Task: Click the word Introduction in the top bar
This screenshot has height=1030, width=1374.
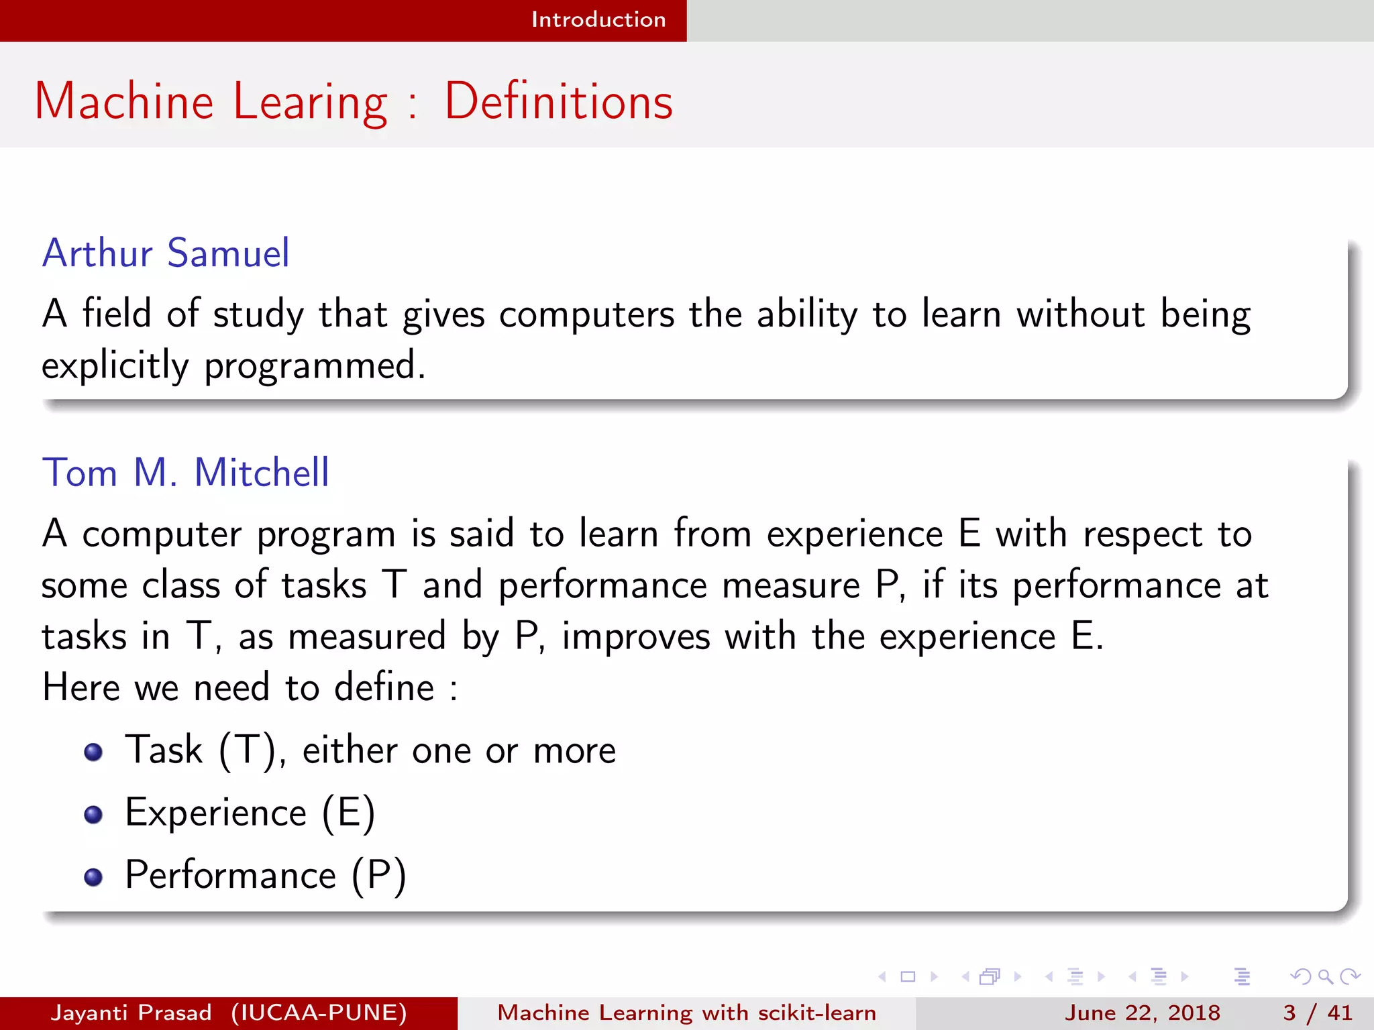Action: coord(598,19)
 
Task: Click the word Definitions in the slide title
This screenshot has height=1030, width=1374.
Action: coord(558,102)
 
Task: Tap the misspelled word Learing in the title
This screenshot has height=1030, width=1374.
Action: coord(310,102)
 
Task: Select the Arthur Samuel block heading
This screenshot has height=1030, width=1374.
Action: coord(166,253)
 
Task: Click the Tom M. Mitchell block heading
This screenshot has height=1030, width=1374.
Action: coord(186,473)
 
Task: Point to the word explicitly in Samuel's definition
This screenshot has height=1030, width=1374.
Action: coord(115,366)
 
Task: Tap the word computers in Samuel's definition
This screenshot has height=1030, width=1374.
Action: coord(586,314)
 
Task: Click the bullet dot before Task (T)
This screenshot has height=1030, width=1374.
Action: coord(93,752)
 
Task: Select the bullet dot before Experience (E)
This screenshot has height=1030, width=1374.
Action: coord(93,814)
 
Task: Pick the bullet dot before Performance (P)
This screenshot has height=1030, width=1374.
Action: coord(93,876)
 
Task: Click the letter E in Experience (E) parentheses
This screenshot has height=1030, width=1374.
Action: coord(348,813)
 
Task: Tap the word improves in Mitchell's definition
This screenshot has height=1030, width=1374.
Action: coord(635,636)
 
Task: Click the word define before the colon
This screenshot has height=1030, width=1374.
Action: coord(384,687)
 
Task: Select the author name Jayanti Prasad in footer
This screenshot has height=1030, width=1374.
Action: coord(131,1013)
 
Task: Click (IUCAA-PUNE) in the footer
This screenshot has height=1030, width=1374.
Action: coord(319,1013)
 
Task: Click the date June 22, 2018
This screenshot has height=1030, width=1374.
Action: coord(1142,1013)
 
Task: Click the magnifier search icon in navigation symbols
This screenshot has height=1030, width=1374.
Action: coord(1325,976)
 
